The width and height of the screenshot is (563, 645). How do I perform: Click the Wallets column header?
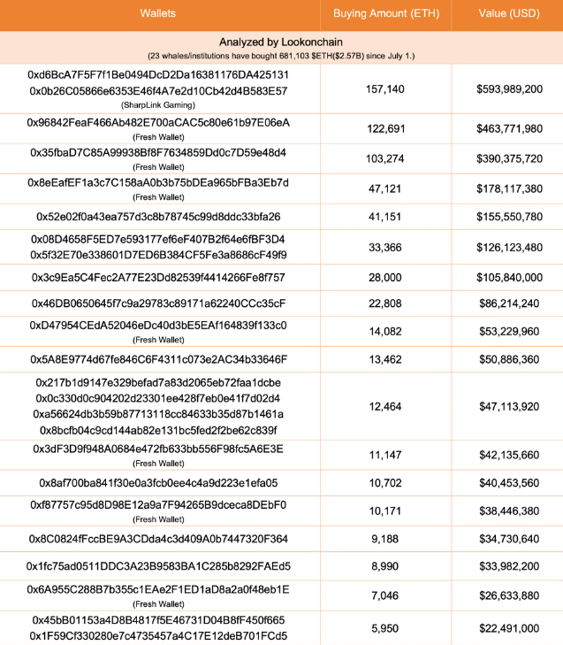pyautogui.click(x=158, y=13)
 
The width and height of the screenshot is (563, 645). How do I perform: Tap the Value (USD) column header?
pyautogui.click(x=507, y=13)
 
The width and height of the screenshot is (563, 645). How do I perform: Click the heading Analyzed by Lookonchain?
pyautogui.click(x=280, y=42)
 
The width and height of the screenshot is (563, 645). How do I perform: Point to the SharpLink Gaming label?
pyautogui.click(x=158, y=105)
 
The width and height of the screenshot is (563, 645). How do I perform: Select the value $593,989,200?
pyautogui.click(x=507, y=89)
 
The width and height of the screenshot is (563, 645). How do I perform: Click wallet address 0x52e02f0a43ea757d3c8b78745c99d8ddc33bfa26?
pyautogui.click(x=158, y=217)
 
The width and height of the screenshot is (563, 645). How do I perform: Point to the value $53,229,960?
pyautogui.click(x=507, y=332)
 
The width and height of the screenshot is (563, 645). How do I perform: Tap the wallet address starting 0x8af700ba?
pyautogui.click(x=158, y=483)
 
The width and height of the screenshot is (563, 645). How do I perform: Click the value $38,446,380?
pyautogui.click(x=507, y=512)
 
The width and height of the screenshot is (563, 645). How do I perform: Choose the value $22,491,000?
pyautogui.click(x=507, y=628)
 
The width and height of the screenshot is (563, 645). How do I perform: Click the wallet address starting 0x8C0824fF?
pyautogui.click(x=158, y=539)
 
